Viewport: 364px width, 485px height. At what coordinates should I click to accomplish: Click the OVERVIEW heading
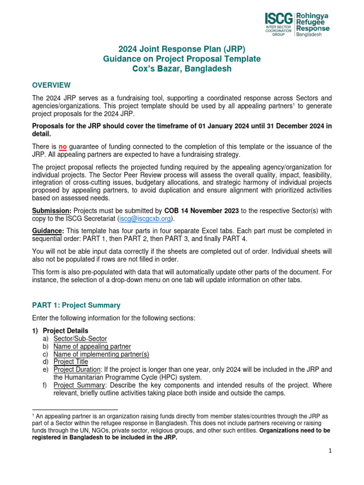(x=51, y=85)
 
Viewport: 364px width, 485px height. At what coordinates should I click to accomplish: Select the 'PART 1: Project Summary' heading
(x=76, y=305)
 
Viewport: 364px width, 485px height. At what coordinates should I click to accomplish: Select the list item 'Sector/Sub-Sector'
(x=80, y=339)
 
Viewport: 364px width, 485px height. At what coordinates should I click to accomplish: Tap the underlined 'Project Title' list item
(x=71, y=362)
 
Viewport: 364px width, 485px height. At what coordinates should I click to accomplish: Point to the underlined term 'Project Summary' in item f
(x=78, y=385)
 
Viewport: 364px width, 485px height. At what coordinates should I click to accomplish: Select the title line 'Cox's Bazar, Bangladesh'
(x=182, y=69)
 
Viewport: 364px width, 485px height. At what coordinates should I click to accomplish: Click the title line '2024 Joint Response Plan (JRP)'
(x=182, y=49)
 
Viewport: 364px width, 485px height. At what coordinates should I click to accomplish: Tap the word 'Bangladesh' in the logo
(x=311, y=36)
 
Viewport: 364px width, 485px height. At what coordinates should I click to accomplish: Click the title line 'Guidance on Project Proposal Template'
(x=182, y=59)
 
